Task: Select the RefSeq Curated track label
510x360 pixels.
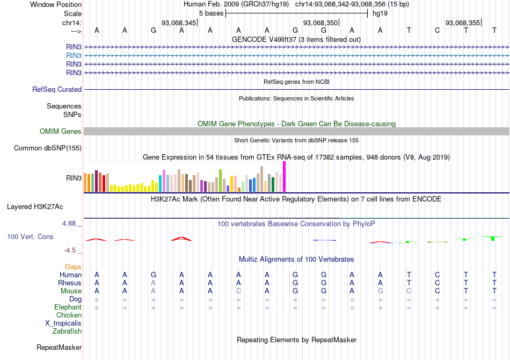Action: click(57, 90)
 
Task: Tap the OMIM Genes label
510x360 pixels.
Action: click(61, 132)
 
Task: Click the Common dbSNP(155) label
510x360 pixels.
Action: click(48, 148)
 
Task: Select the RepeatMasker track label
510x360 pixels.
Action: click(59, 348)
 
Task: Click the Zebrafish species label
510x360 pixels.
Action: click(67, 331)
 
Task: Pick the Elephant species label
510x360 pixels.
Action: click(68, 307)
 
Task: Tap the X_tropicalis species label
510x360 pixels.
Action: click(63, 323)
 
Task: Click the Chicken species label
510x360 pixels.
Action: click(69, 315)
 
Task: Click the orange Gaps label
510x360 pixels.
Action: click(73, 267)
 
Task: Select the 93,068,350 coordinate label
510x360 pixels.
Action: click(320, 23)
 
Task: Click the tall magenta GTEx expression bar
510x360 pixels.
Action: click(285, 177)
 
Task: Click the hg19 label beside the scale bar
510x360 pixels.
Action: click(380, 13)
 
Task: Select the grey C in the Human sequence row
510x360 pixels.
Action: click(438, 275)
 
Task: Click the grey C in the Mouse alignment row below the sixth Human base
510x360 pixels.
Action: click(239, 291)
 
